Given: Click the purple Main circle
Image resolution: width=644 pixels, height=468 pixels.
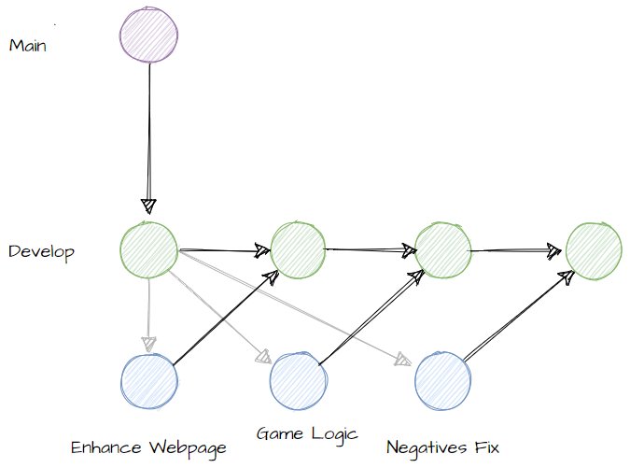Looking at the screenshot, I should coord(149,36).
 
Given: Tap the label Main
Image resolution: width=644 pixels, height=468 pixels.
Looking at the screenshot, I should coord(28,45).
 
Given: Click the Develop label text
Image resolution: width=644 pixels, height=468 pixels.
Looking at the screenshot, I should coord(41,252).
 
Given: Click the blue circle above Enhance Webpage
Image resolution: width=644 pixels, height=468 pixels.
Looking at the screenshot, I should coord(149,382).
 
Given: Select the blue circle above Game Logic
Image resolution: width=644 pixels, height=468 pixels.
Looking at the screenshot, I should coord(298,382).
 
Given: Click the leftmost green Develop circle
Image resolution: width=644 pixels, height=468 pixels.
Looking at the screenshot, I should coord(149,250).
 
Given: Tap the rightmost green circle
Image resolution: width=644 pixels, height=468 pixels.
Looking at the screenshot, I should coord(594,250).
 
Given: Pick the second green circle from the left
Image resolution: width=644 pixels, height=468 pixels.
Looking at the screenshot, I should coord(298,250).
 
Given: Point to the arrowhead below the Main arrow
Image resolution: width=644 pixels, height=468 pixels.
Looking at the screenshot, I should coord(149,205).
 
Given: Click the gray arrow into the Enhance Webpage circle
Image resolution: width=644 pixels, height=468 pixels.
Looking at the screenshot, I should coord(148,313).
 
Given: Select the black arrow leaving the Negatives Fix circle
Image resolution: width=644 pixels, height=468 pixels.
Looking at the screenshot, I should coord(518,316).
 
